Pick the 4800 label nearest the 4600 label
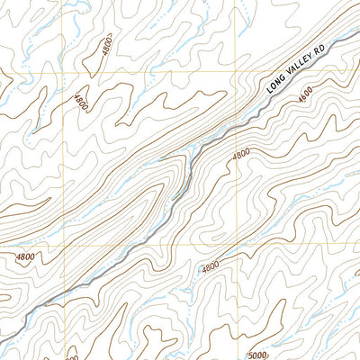pyautogui.click(x=240, y=155)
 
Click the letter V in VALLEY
pyautogui.click(x=287, y=77)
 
